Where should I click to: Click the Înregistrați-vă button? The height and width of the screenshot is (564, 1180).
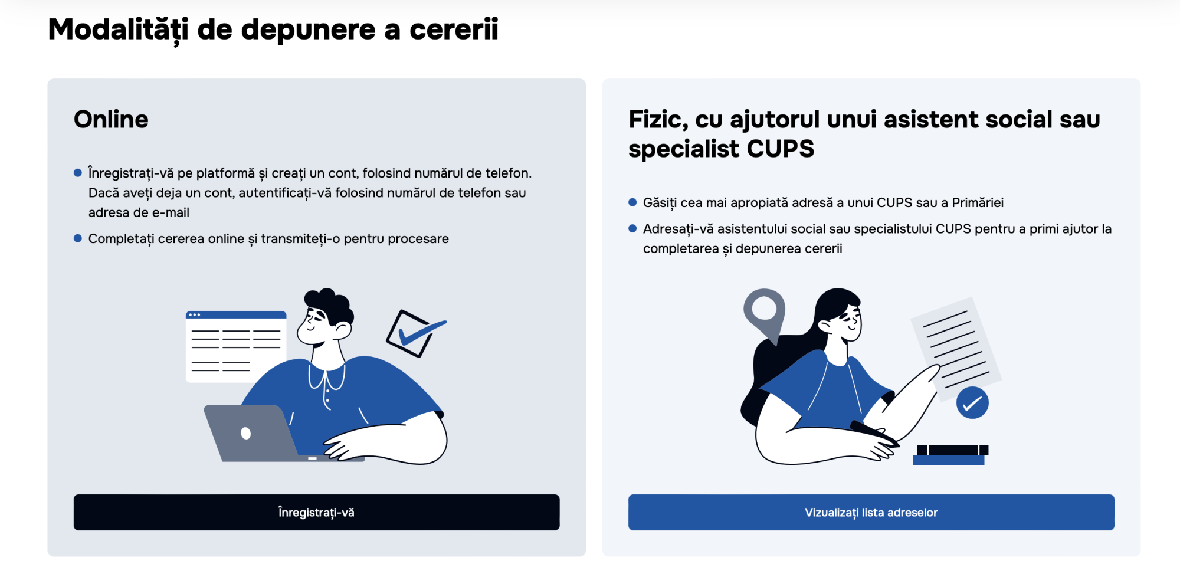click(316, 512)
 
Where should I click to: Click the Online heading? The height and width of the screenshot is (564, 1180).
click(111, 120)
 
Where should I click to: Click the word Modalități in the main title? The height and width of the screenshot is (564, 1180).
click(118, 29)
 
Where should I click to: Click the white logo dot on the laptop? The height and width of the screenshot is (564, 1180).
click(246, 434)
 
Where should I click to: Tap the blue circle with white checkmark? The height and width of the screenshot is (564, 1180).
click(972, 403)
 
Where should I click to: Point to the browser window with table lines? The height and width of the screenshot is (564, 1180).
click(235, 345)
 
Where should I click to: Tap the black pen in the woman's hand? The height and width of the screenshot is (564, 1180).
click(873, 432)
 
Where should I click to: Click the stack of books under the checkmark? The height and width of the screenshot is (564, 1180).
click(950, 455)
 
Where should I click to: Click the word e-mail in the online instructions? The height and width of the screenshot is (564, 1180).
click(171, 212)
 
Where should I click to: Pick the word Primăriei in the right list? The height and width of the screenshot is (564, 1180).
click(977, 203)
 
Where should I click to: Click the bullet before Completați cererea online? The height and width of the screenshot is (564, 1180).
click(78, 238)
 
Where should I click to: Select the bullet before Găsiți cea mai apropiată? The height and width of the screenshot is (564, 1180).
click(632, 202)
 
